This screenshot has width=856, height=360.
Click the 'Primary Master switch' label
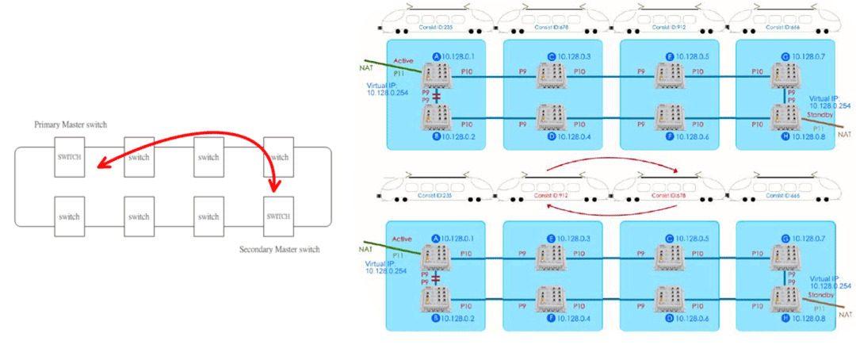pyautogui.click(x=70, y=124)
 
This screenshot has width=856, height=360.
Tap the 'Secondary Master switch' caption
pyautogui.click(x=279, y=250)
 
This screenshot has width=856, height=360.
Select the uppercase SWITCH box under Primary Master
pyautogui.click(x=70, y=157)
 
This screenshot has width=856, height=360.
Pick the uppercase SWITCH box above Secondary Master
pyautogui.click(x=278, y=216)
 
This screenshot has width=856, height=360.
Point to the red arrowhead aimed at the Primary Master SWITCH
pyautogui.click(x=97, y=165)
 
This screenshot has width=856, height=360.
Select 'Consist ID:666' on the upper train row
pyautogui.click(x=783, y=27)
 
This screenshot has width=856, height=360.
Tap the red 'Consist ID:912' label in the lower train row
pyautogui.click(x=550, y=194)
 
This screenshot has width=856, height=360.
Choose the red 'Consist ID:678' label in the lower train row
pyautogui.click(x=667, y=194)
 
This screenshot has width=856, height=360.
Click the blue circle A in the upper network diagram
pyautogui.click(x=436, y=56)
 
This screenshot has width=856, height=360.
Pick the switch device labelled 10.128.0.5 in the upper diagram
pyautogui.click(x=667, y=76)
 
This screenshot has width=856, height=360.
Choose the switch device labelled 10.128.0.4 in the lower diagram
pyautogui.click(x=551, y=298)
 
